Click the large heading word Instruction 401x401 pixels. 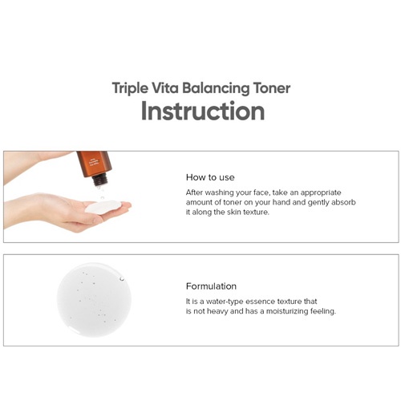[x=202, y=111]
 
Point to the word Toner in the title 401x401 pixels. [x=268, y=87]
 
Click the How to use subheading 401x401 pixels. [x=210, y=176]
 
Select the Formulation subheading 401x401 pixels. [x=211, y=286]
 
